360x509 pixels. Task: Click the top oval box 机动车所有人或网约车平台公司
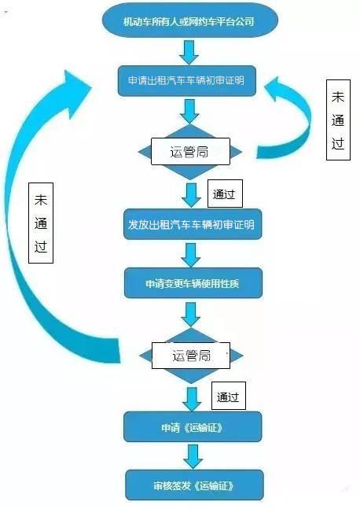[189, 21]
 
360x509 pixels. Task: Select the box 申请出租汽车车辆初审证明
[186, 81]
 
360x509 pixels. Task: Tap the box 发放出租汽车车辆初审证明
[193, 224]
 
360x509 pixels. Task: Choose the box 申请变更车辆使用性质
[193, 283]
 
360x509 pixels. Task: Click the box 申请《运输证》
[193, 427]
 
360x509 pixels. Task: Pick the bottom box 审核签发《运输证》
[194, 485]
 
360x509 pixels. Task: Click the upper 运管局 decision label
[190, 152]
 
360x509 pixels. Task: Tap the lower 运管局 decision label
[191, 356]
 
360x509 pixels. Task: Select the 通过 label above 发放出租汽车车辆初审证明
[225, 194]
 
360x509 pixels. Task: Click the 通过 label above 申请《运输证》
[229, 396]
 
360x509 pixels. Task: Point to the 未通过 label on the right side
[338, 120]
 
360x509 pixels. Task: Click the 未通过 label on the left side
[41, 223]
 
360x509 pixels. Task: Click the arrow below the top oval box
[189, 52]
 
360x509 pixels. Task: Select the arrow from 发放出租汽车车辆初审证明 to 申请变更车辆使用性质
[191, 255]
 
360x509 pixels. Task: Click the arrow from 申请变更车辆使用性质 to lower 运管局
[191, 314]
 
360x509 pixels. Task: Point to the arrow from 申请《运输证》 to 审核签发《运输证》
[193, 456]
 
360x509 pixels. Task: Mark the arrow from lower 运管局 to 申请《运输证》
[192, 400]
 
